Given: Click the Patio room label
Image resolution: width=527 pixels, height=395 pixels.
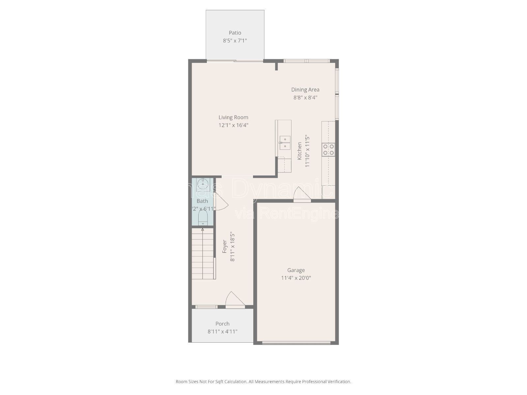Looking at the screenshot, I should (235, 33).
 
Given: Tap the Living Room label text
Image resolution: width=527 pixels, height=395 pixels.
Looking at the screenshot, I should (233, 117).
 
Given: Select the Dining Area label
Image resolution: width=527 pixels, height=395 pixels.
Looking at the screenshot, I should (305, 90).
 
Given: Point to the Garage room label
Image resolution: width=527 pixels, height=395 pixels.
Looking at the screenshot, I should (296, 270).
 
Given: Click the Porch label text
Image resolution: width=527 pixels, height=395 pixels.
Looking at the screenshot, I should (222, 324).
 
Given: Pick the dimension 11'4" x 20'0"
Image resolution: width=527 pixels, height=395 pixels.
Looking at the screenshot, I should (296, 278).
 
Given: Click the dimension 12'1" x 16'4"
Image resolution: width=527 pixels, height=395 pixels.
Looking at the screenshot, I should (233, 125).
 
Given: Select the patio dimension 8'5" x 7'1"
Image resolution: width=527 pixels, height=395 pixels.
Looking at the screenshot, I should (235, 41).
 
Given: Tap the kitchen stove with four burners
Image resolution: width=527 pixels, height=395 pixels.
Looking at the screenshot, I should (328, 149).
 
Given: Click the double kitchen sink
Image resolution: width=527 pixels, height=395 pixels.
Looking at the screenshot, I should (285, 143).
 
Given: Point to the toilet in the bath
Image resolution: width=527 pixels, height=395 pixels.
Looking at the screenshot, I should (203, 218).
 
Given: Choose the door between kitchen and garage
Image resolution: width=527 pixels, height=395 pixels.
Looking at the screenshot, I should (302, 194).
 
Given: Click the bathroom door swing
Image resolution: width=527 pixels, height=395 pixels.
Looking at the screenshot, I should (221, 202).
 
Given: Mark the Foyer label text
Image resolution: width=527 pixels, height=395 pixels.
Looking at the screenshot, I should (225, 246).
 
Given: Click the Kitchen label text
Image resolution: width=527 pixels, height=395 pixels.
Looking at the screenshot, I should (299, 151).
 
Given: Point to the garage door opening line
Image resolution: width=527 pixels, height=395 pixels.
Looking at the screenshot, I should (296, 343).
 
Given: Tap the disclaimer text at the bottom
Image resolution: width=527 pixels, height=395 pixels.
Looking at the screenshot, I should (263, 382).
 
